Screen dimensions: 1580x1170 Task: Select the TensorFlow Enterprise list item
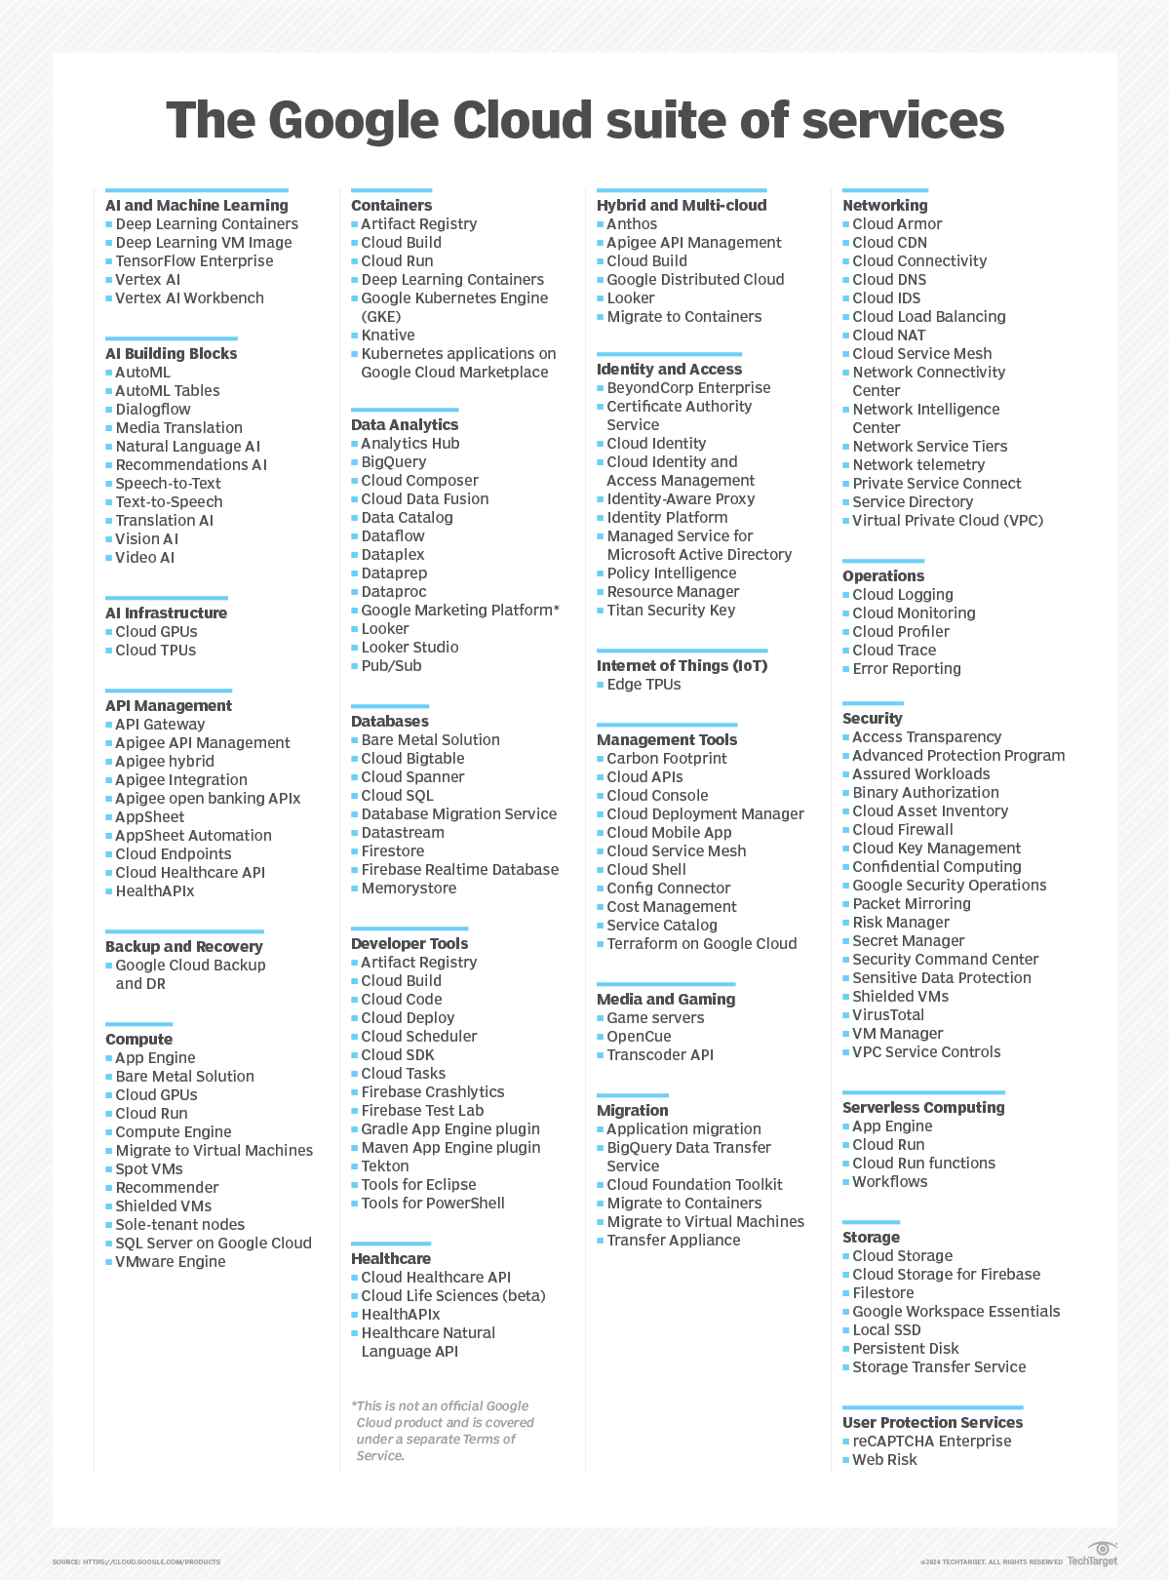pyautogui.click(x=194, y=261)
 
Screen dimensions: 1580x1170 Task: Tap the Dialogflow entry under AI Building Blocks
pyautogui.click(x=153, y=410)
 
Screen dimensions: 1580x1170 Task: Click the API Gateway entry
pyautogui.click(x=160, y=725)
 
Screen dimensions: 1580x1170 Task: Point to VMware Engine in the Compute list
pyautogui.click(x=171, y=1262)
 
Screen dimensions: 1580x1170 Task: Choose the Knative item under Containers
pyautogui.click(x=388, y=336)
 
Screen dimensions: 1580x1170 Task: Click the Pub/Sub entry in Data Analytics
pyautogui.click(x=391, y=666)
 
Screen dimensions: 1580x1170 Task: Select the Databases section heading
pyautogui.click(x=390, y=722)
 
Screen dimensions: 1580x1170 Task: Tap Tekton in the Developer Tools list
pyautogui.click(x=385, y=1166)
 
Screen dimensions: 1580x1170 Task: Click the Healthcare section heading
pyautogui.click(x=391, y=1259)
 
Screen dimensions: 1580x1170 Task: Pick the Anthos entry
pyautogui.click(x=632, y=224)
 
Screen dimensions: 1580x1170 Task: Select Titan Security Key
pyautogui.click(x=671, y=611)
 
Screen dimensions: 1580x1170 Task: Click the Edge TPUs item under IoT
pyautogui.click(x=643, y=685)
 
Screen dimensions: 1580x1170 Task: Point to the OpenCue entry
pyautogui.click(x=639, y=1037)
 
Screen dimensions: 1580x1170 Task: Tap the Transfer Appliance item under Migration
pyautogui.click(x=674, y=1241)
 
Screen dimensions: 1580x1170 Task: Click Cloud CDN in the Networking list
pyautogui.click(x=889, y=243)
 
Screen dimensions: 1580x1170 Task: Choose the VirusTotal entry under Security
pyautogui.click(x=888, y=1015)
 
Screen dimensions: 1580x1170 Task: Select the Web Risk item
pyautogui.click(x=884, y=1460)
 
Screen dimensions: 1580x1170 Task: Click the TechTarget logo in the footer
pyautogui.click(x=1093, y=1555)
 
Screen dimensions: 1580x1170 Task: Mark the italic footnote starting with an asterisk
pyautogui.click(x=443, y=1431)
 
